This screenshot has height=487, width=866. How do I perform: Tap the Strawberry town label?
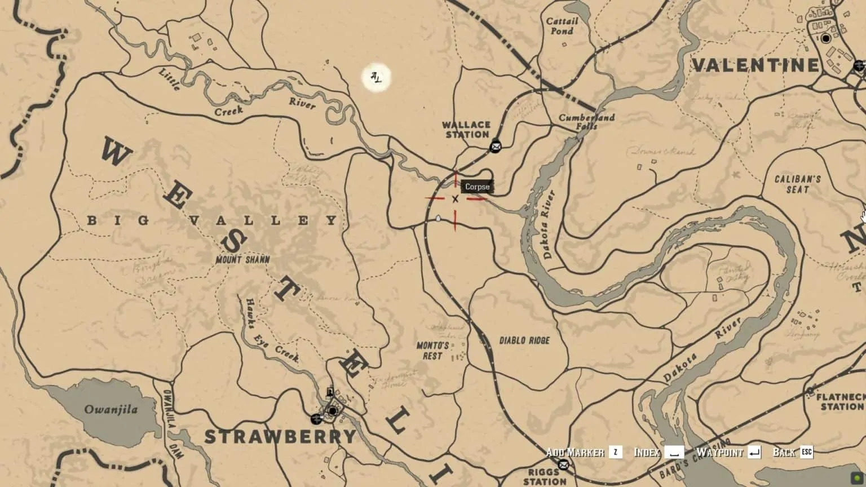click(280, 436)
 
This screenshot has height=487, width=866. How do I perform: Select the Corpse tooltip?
click(477, 187)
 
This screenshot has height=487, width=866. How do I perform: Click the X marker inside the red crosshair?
click(455, 198)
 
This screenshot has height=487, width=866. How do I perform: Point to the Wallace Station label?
click(466, 130)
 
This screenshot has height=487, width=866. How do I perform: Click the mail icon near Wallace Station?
click(496, 147)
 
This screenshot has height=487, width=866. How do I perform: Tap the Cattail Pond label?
click(562, 26)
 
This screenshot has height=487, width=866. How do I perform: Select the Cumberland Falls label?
click(586, 122)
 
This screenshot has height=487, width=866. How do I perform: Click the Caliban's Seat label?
click(797, 184)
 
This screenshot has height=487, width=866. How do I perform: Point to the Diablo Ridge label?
click(524, 340)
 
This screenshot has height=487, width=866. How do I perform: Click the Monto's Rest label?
click(432, 351)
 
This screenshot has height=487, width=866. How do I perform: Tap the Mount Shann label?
click(242, 260)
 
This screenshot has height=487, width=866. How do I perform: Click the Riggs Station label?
click(544, 477)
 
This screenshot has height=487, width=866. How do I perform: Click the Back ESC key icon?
click(806, 452)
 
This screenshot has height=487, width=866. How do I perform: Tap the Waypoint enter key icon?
click(755, 452)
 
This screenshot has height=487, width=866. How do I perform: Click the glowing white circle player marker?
click(376, 77)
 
